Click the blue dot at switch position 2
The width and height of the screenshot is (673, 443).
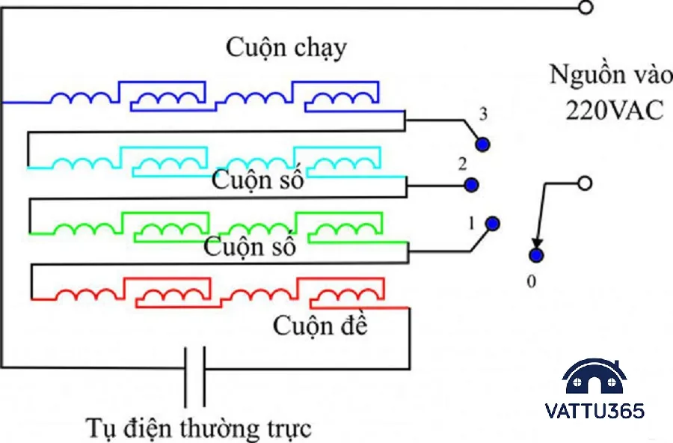[x=470, y=183]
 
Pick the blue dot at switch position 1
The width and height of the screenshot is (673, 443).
[x=492, y=223]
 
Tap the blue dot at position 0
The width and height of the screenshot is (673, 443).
[x=535, y=256]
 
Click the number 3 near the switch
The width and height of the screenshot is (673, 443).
[x=483, y=115]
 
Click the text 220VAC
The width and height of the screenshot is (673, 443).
[x=615, y=110]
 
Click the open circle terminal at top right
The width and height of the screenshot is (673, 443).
[x=586, y=7]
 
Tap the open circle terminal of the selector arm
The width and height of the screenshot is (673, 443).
[x=586, y=183]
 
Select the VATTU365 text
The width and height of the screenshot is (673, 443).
[x=595, y=411]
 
